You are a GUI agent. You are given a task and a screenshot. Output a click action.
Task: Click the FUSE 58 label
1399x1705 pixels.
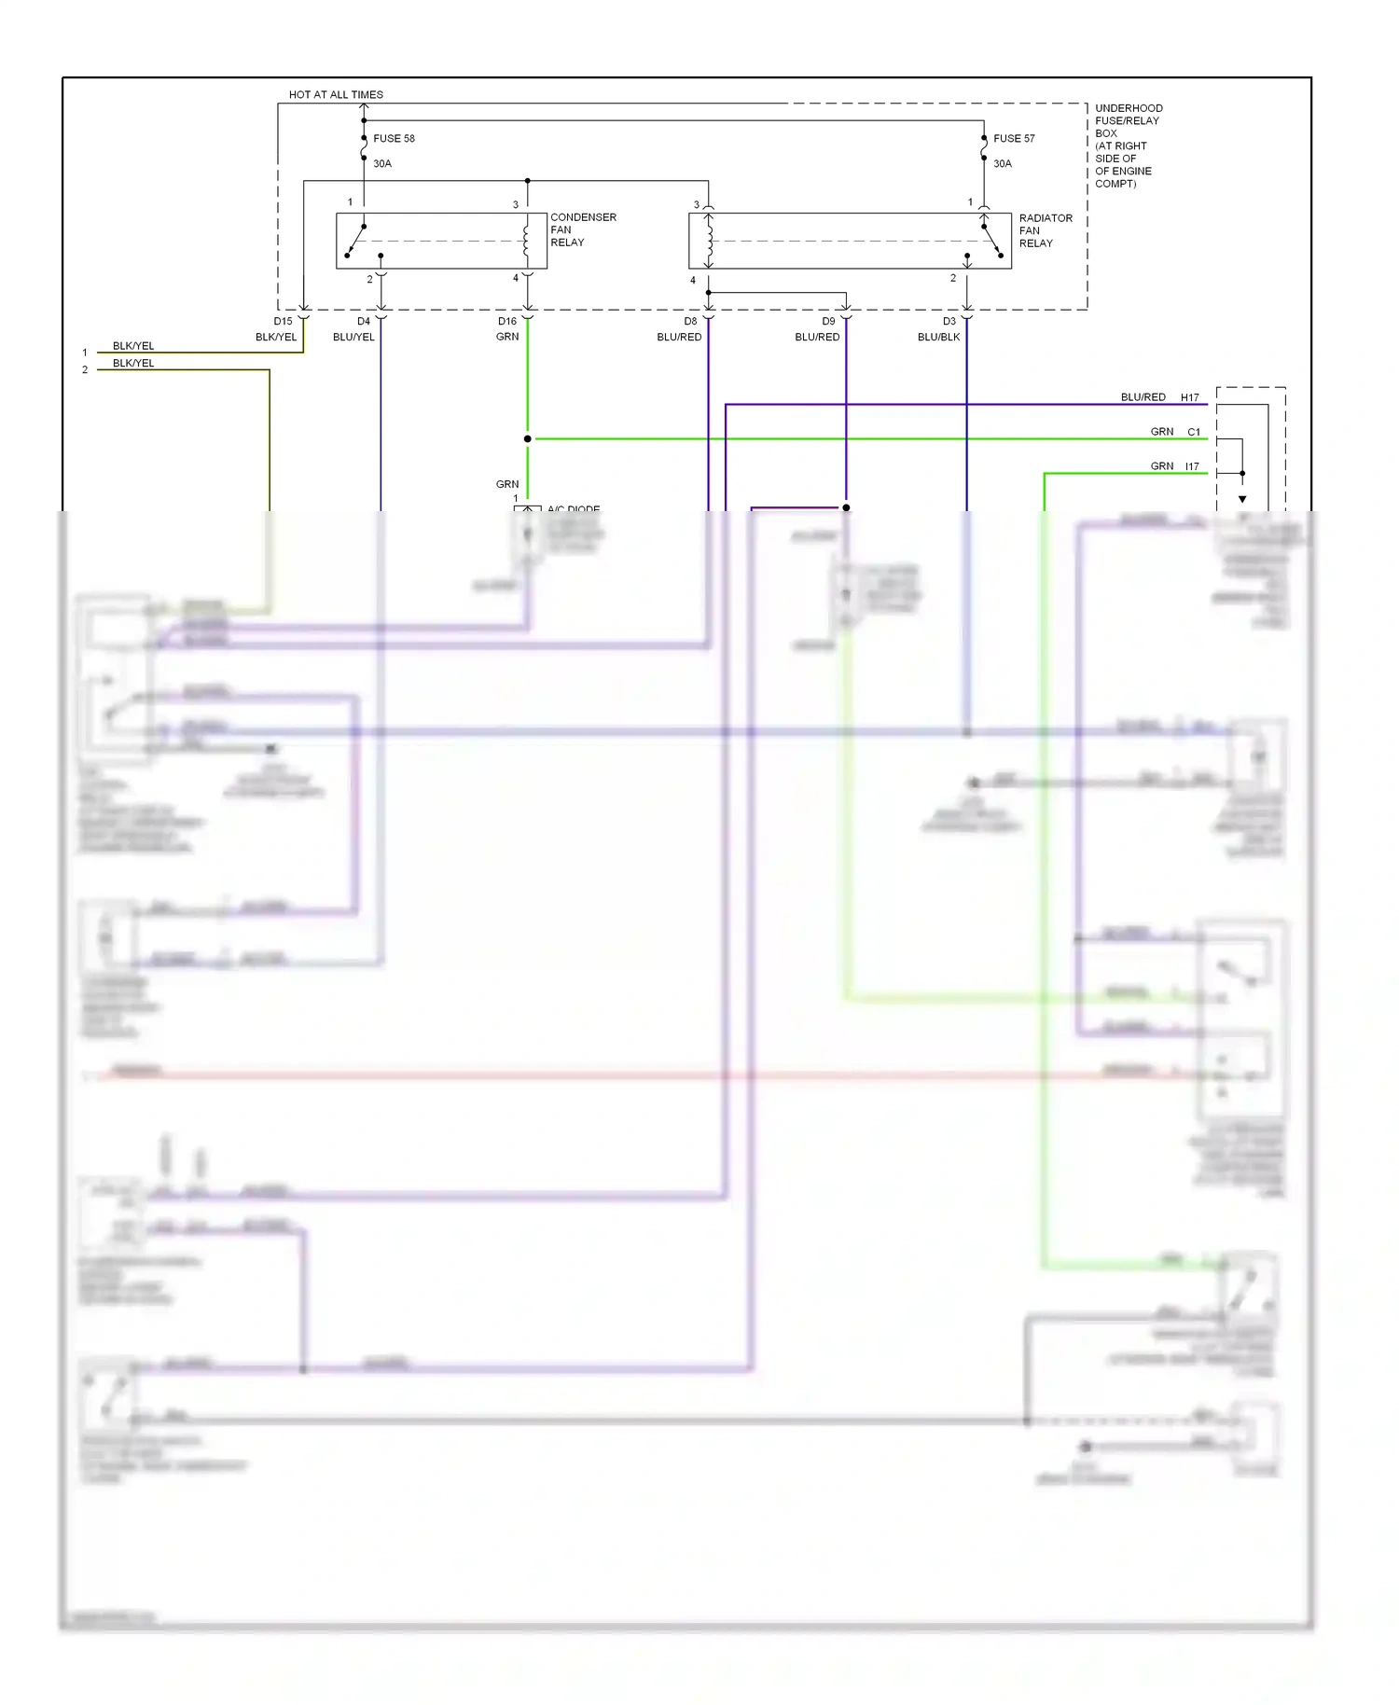(x=394, y=138)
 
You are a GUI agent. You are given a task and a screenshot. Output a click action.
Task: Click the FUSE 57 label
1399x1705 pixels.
(x=1014, y=138)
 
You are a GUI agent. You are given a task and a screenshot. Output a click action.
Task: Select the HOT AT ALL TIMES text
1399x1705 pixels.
(x=336, y=94)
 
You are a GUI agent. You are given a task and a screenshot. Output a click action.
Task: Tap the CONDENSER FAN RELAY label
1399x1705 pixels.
(x=582, y=229)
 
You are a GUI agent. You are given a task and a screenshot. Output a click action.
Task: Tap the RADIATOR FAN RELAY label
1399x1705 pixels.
(x=1045, y=230)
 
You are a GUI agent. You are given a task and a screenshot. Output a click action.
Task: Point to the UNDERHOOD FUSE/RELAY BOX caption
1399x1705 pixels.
(x=1128, y=146)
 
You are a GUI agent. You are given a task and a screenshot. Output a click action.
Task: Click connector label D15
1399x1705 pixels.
(x=283, y=321)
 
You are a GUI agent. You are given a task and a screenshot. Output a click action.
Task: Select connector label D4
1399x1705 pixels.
(x=363, y=321)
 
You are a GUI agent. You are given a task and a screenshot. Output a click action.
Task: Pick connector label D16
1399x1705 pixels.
(x=506, y=321)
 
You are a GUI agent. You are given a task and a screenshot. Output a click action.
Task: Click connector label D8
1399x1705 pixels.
(x=690, y=321)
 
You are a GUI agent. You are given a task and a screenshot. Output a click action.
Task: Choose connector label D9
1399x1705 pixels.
(x=828, y=321)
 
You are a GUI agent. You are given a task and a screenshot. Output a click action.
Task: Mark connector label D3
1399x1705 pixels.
(x=949, y=321)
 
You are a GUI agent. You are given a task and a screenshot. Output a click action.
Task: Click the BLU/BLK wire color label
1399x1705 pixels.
(x=938, y=337)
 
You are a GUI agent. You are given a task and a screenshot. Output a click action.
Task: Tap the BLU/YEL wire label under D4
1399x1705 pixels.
(x=353, y=337)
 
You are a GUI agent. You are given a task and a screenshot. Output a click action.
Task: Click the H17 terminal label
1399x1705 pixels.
(x=1189, y=397)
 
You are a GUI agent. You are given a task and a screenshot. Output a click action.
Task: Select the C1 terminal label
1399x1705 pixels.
(x=1194, y=432)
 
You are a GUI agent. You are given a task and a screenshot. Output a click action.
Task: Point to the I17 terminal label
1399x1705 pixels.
(x=1192, y=466)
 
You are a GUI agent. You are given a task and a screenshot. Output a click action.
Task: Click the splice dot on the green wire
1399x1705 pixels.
(x=528, y=438)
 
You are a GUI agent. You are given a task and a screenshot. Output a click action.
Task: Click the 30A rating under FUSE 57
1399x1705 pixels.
(x=1002, y=163)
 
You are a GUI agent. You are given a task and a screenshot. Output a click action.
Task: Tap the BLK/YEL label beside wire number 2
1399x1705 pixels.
(x=133, y=363)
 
